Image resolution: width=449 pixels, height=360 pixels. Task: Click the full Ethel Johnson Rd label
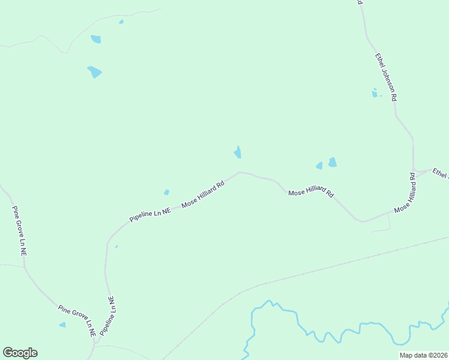(x=386, y=77)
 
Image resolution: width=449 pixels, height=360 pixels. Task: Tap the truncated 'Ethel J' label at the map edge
(x=441, y=173)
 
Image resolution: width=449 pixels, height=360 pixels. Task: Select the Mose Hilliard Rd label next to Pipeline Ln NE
(x=203, y=194)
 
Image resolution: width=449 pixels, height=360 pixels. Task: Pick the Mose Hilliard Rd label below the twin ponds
(x=311, y=193)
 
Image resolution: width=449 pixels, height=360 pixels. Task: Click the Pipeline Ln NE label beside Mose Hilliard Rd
(x=150, y=214)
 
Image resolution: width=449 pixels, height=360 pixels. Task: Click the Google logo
(x=20, y=353)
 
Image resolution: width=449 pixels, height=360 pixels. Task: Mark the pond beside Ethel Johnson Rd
(x=375, y=93)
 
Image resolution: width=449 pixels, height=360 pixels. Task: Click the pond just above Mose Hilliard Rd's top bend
(x=238, y=152)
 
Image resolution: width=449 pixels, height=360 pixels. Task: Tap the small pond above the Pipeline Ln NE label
(x=166, y=193)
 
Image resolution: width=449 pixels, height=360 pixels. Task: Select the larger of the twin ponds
(x=332, y=162)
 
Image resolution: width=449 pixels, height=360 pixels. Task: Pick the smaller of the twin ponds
(x=319, y=166)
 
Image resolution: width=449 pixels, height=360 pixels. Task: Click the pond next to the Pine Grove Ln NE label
(x=62, y=325)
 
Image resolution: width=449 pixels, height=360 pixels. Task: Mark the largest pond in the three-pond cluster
(x=94, y=72)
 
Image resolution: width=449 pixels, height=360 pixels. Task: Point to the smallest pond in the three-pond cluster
(x=121, y=22)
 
